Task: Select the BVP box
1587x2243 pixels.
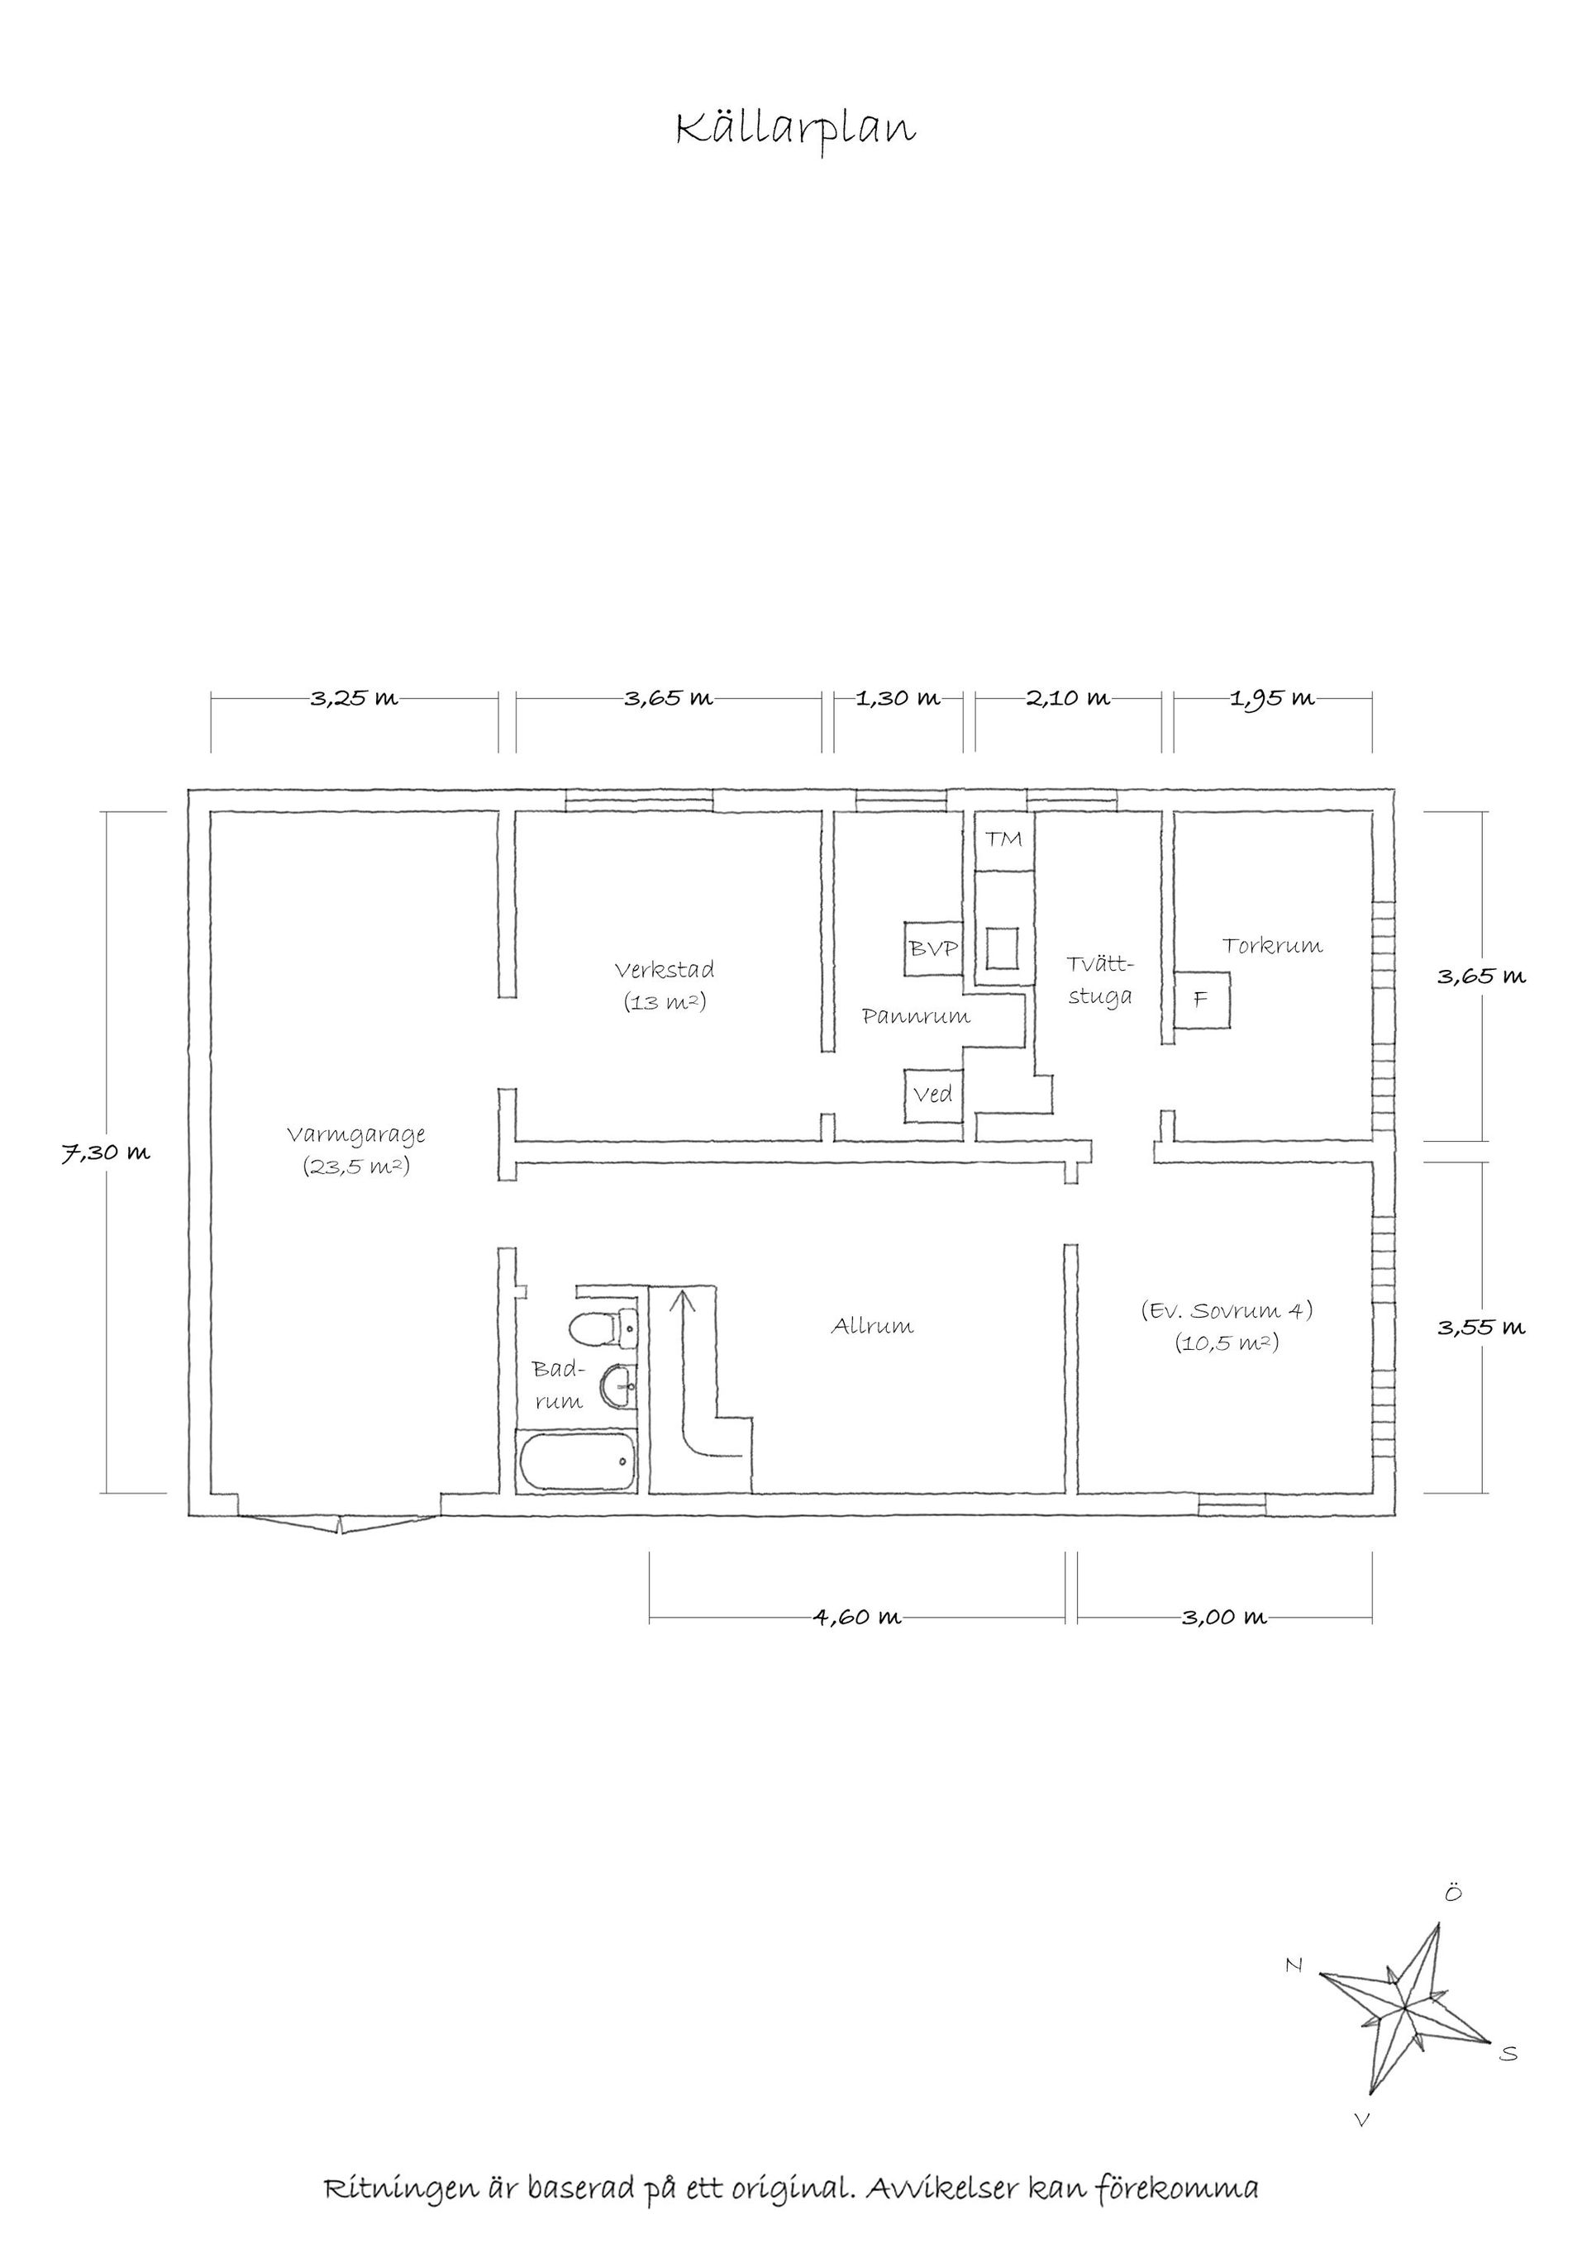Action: (x=934, y=948)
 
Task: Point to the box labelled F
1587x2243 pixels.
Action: (x=1201, y=1000)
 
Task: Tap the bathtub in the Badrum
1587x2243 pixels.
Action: (x=577, y=1462)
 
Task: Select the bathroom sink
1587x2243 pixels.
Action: (x=620, y=1386)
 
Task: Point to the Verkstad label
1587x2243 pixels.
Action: (x=665, y=970)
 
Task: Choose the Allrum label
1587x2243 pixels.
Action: (x=873, y=1326)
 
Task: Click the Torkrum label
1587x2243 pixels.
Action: (x=1272, y=944)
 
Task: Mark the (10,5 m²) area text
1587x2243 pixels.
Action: (x=1227, y=1342)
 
